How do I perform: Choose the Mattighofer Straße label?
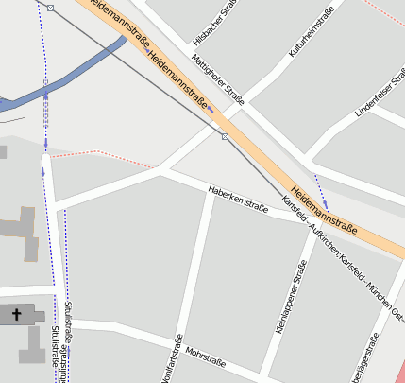218,80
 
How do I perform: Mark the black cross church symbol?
16,314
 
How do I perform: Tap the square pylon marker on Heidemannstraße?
225,137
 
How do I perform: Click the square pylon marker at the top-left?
51,8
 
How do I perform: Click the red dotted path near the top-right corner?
382,14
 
